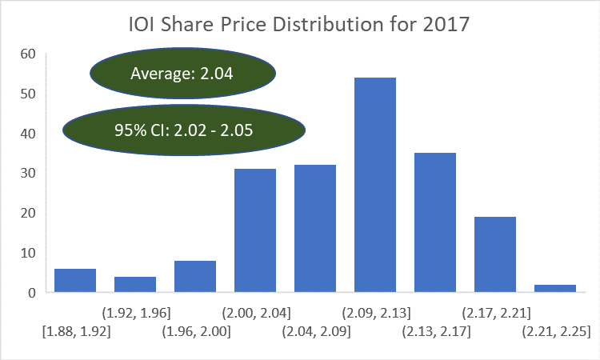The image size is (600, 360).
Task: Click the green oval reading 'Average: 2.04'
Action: [182, 74]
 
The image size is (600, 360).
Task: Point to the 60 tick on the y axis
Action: [28, 54]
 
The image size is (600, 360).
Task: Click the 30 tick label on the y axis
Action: [28, 174]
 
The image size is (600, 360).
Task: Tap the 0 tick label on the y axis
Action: [32, 293]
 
